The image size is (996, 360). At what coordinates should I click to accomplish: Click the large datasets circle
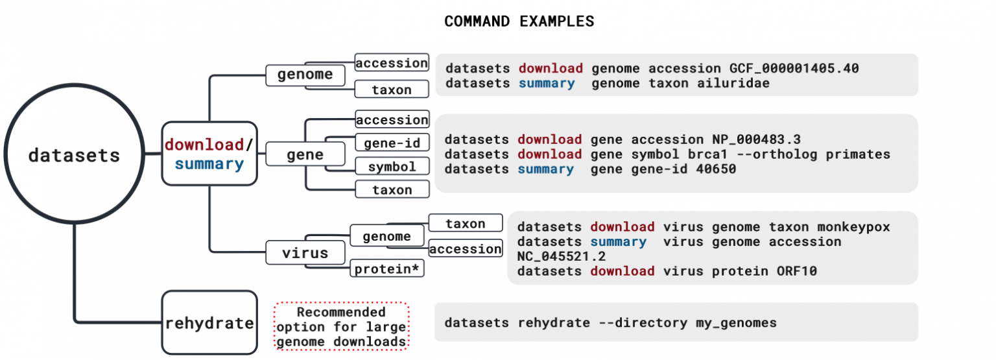pos(74,155)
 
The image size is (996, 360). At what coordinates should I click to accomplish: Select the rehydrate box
pos(209,322)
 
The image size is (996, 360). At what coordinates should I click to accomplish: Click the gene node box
pos(305,154)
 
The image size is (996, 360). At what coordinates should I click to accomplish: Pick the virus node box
pos(305,252)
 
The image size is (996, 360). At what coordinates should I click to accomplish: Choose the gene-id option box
pos(392,143)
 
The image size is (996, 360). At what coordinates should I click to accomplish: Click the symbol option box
pos(392,166)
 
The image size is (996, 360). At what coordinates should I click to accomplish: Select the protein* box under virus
pos(387,268)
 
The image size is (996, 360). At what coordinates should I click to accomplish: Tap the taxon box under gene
pos(392,189)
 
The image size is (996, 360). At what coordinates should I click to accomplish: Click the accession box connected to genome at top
pos(392,63)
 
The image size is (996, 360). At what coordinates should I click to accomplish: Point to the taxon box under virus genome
pos(465,223)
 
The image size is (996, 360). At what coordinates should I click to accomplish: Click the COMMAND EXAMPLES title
pos(519,21)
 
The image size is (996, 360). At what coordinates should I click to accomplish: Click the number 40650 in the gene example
pos(717,169)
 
